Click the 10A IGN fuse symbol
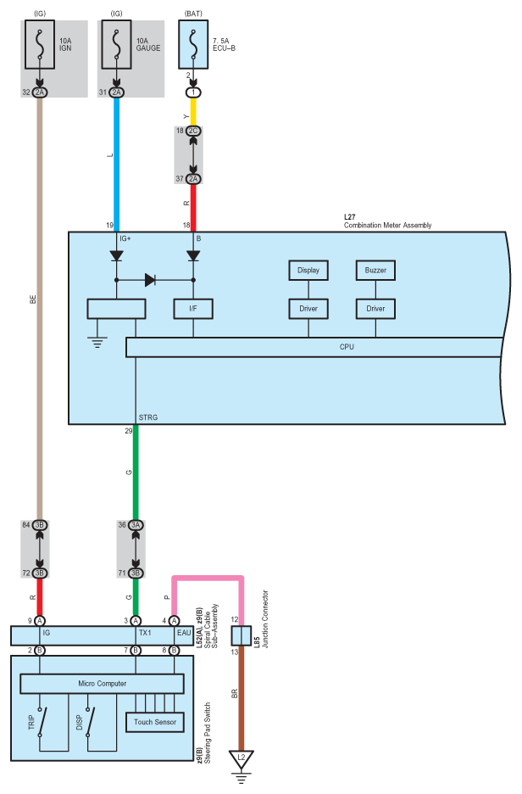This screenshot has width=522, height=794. [x=40, y=45]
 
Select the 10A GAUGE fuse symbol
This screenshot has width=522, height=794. [x=116, y=45]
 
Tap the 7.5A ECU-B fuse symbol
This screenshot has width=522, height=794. [x=193, y=45]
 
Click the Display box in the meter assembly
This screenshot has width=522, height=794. [x=308, y=271]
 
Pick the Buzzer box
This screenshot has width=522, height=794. [x=375, y=271]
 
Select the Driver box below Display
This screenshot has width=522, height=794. [x=308, y=309]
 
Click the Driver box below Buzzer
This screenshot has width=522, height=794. [x=375, y=309]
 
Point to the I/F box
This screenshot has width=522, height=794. [x=193, y=309]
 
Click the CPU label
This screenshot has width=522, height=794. [x=347, y=347]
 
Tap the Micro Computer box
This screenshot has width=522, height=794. [x=103, y=684]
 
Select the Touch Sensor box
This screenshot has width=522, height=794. [x=155, y=722]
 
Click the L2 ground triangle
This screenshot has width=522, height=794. [x=242, y=758]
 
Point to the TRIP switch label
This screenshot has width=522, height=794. [x=31, y=722]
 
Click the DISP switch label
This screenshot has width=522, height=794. [x=80, y=722]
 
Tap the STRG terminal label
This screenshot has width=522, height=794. [x=148, y=417]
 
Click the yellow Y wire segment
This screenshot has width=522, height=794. [x=193, y=112]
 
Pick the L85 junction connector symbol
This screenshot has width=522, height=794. [x=242, y=635]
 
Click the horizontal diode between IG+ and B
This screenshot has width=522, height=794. [x=150, y=280]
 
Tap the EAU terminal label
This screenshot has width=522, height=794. [x=184, y=633]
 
